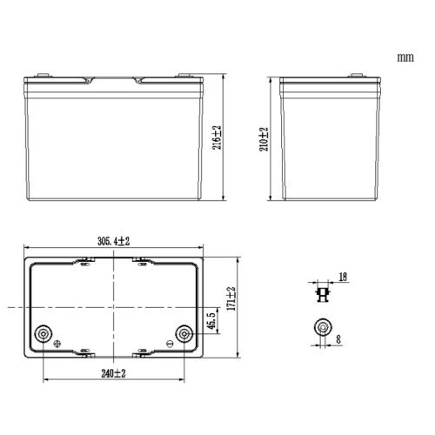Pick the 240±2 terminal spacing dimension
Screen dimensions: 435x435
click(x=111, y=372)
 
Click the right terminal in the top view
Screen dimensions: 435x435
click(x=184, y=333)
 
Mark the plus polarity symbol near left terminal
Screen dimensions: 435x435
click(x=58, y=346)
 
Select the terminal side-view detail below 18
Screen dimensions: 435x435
click(x=321, y=293)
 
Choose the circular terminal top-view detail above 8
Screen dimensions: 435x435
click(x=321, y=328)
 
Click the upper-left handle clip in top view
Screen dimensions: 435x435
click(x=84, y=261)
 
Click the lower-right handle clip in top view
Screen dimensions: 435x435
click(x=142, y=352)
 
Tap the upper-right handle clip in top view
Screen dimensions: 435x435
click(x=142, y=261)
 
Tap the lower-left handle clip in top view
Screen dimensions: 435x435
click(x=84, y=352)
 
